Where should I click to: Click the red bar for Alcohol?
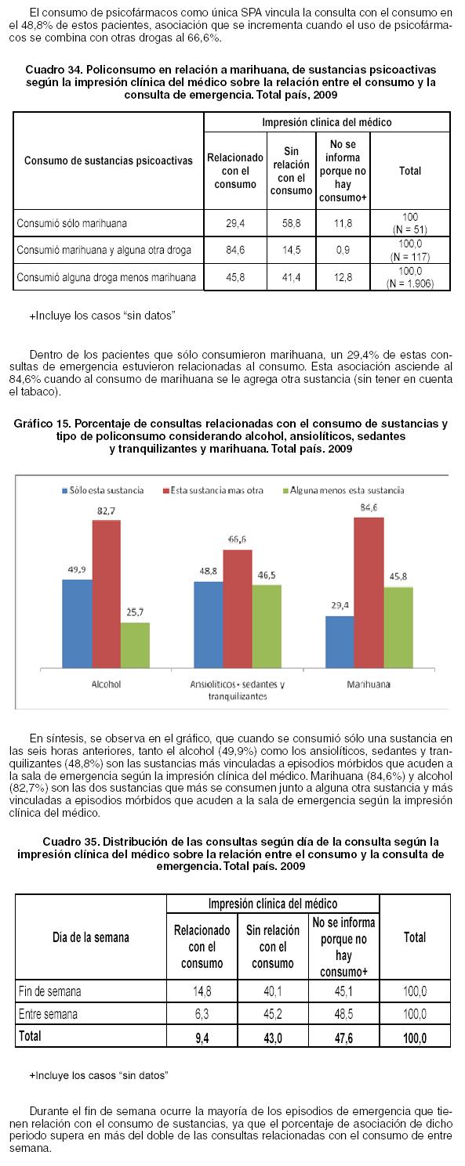(x=107, y=594)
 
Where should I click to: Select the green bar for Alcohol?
(x=135, y=645)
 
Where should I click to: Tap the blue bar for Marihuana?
(x=340, y=642)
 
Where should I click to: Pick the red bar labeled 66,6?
(x=238, y=609)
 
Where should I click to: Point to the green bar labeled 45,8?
(x=398, y=628)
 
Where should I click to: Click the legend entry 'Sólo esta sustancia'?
(x=104, y=490)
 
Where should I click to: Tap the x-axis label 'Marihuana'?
(x=369, y=684)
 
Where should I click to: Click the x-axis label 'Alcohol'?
(x=107, y=684)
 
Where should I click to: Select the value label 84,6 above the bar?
(x=369, y=507)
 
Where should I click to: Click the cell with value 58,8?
(x=292, y=223)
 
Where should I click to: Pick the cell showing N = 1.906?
(x=410, y=283)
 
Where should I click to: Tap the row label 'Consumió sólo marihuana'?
(x=72, y=223)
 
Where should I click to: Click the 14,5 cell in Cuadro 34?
(x=292, y=250)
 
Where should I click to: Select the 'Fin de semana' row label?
(x=49, y=991)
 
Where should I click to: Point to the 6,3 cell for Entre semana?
(x=202, y=1014)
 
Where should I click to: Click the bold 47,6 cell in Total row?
(x=343, y=1038)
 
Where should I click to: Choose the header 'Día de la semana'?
(x=91, y=937)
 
